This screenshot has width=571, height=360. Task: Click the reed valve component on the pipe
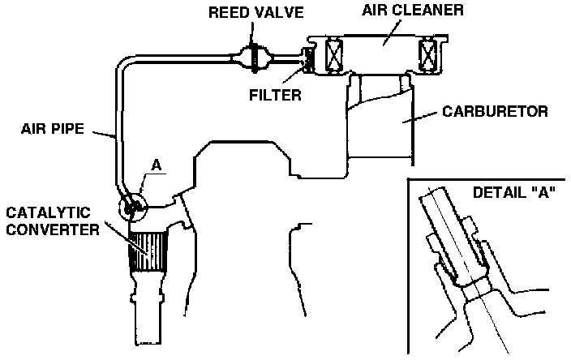click(252, 58)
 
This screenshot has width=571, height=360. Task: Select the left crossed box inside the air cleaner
click(335, 57)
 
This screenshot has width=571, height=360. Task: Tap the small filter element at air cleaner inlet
click(307, 58)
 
